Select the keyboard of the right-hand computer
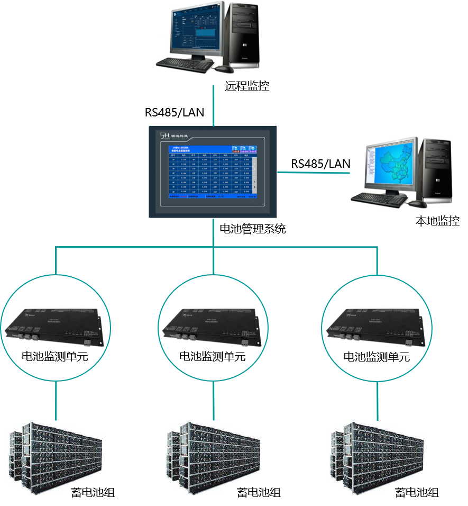click(x=379, y=198)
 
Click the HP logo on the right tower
click(x=438, y=182)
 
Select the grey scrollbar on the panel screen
click(x=254, y=175)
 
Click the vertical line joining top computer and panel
click(x=214, y=106)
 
